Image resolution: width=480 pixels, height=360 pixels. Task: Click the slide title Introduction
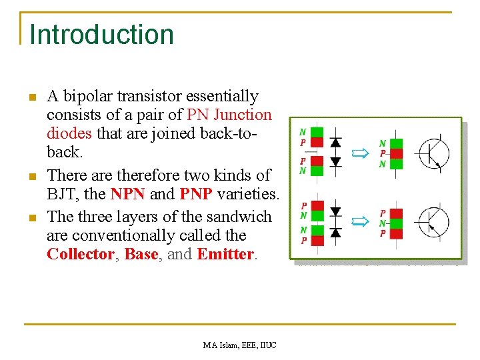pos(101,35)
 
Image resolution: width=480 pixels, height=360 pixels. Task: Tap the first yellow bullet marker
pos(31,98)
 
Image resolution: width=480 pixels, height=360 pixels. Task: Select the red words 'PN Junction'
pos(230,115)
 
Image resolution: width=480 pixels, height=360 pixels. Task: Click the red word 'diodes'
pos(70,133)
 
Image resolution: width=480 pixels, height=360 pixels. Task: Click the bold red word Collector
pos(80,254)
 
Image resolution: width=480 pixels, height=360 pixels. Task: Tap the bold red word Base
pos(141,254)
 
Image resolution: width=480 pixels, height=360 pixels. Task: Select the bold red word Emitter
pos(225,254)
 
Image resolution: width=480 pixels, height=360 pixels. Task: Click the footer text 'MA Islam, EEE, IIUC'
pos(240,345)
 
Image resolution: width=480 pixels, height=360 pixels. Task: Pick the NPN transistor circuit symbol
pos(431,153)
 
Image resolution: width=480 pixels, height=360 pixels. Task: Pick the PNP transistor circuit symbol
pos(431,223)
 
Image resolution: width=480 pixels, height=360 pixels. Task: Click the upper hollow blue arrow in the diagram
pos(360,153)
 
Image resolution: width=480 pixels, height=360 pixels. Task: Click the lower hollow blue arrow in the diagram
pos(360,220)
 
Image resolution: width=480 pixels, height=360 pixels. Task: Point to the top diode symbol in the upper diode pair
pos(336,142)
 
